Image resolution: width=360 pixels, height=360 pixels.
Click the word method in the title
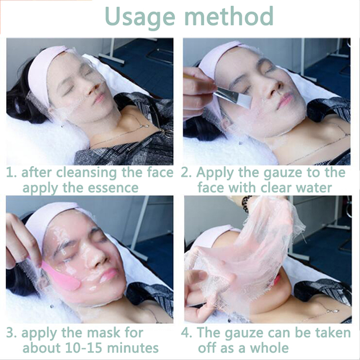pos(229,16)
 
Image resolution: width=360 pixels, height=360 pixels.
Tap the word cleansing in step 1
pos(86,173)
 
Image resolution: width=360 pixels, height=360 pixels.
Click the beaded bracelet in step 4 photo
pos(246,204)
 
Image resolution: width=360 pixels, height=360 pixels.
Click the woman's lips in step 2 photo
pos(285,101)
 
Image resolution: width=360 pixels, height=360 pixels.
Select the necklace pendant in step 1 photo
pos(145,126)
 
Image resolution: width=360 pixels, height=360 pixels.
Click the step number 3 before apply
pos(11,333)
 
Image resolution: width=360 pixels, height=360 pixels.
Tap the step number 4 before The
pos(185,333)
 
